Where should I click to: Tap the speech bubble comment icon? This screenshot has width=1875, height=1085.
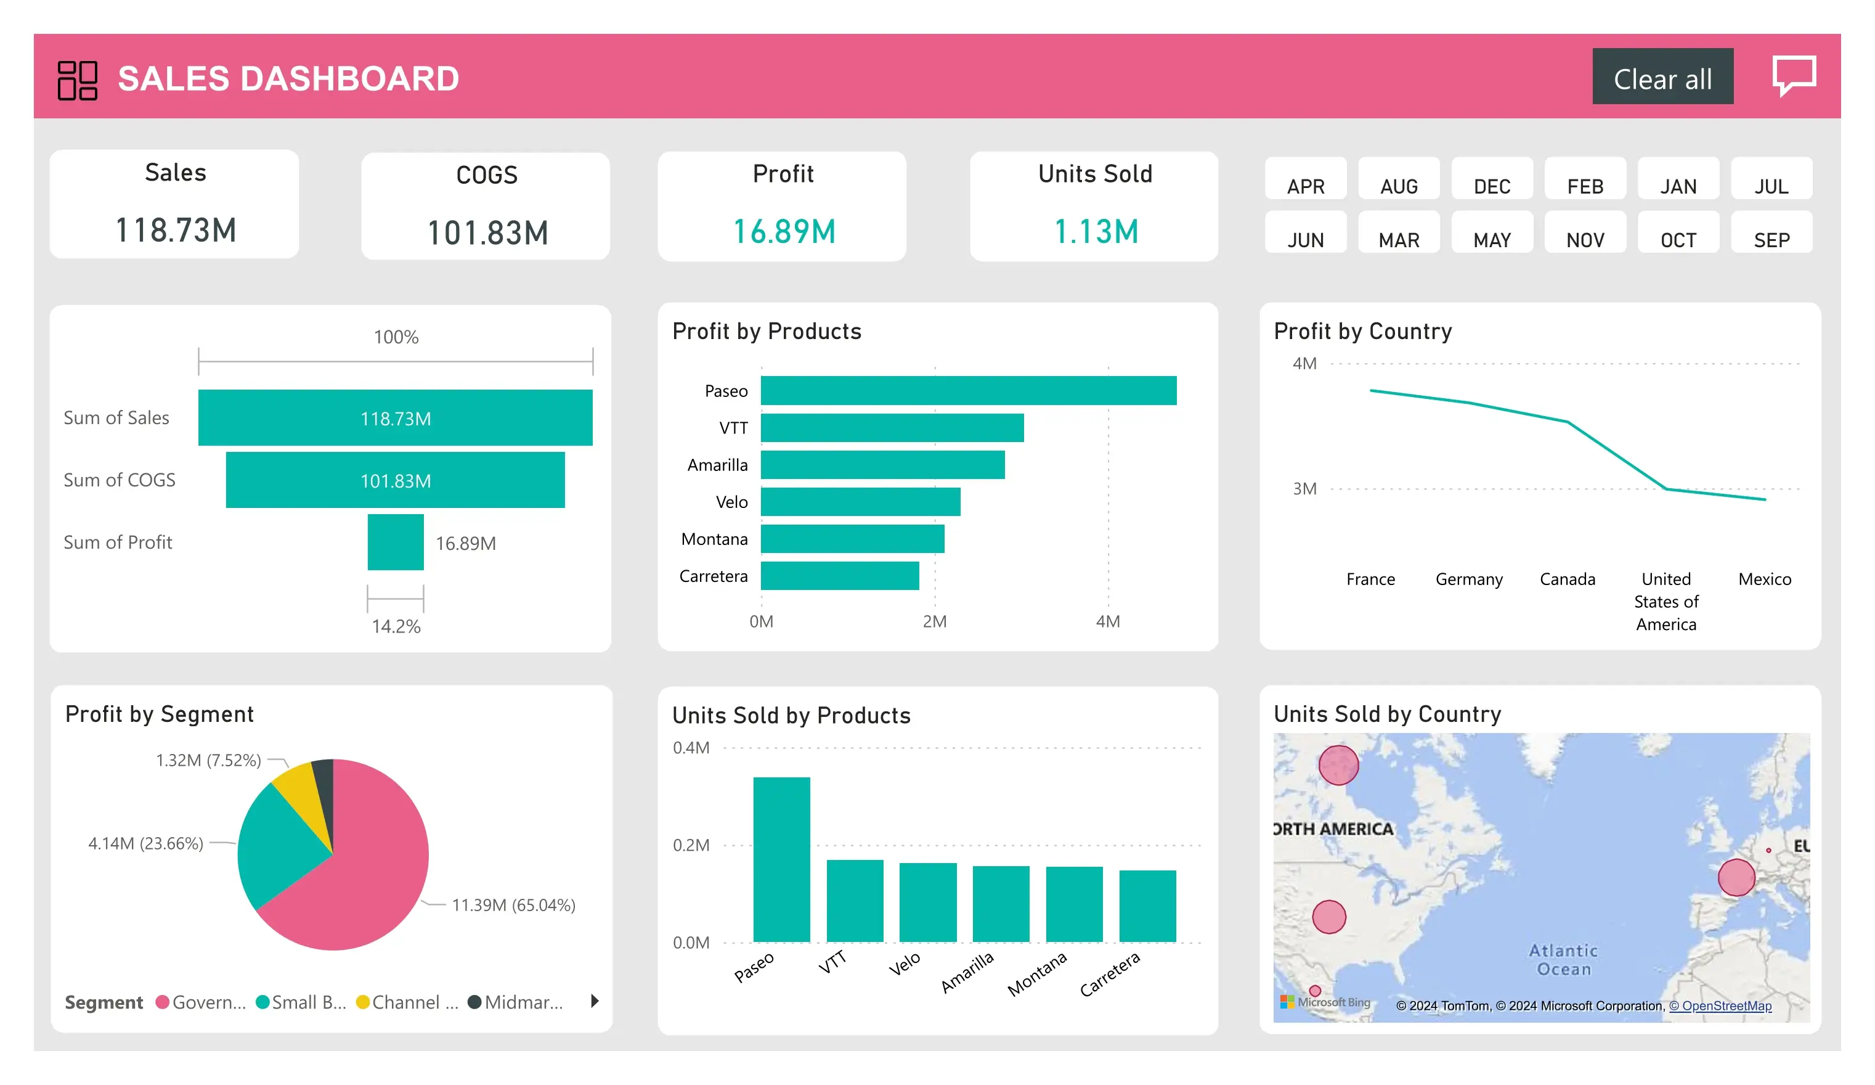(1793, 75)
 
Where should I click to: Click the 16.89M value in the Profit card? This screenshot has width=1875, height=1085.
(784, 231)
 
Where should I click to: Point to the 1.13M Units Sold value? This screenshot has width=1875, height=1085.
(1095, 231)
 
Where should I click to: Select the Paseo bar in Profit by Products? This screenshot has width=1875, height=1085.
(968, 391)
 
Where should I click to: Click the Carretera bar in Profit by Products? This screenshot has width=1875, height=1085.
(839, 576)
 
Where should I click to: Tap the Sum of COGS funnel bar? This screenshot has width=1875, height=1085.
(395, 480)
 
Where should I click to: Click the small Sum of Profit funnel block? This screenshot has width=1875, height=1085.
(395, 542)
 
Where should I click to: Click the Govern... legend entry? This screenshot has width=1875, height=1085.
(201, 1002)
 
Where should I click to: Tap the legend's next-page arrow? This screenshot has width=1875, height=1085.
(595, 1001)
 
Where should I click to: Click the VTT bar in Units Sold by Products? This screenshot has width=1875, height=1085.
(855, 901)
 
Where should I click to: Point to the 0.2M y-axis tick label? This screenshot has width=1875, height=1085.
(691, 845)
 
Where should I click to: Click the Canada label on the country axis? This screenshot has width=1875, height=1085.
(1567, 579)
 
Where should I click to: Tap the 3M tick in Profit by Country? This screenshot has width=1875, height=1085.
(1304, 489)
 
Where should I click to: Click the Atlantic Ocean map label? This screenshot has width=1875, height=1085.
(1563, 959)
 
